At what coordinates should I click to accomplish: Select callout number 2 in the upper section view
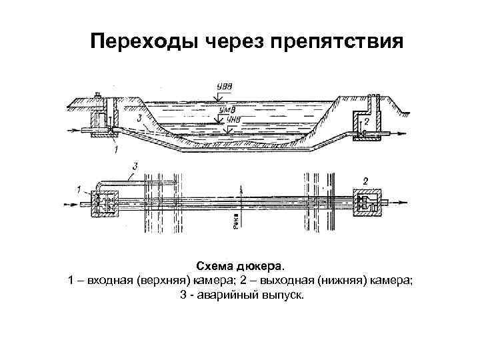click(x=366, y=123)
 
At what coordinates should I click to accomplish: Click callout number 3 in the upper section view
click(x=137, y=118)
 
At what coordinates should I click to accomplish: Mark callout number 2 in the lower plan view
click(x=365, y=179)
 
